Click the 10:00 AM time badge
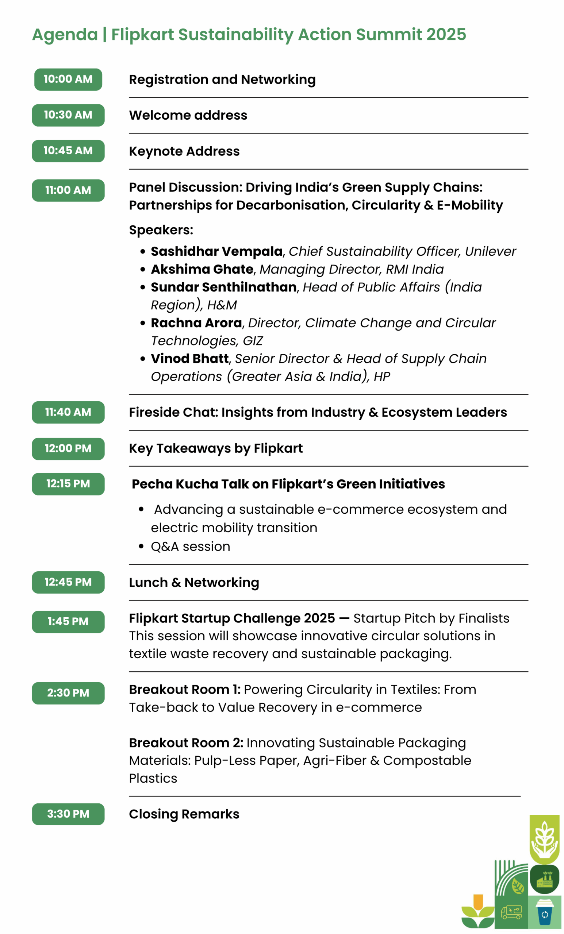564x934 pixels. click(x=68, y=79)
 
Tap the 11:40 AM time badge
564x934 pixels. click(x=68, y=412)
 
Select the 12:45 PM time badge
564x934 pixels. click(x=68, y=582)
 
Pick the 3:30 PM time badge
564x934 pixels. click(x=68, y=814)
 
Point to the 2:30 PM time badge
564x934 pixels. click(x=68, y=693)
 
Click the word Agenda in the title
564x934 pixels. click(x=65, y=35)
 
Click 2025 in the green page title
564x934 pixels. click(x=446, y=35)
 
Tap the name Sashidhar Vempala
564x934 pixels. click(x=216, y=251)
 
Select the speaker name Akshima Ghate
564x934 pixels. click(x=202, y=269)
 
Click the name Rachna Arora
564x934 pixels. click(x=196, y=323)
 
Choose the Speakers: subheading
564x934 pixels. click(x=161, y=230)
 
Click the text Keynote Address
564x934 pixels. click(x=184, y=151)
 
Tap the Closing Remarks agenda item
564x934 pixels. click(x=184, y=814)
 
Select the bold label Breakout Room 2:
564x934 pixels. click(x=186, y=742)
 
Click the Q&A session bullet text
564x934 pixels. click(x=191, y=546)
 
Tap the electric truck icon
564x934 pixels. click(x=511, y=912)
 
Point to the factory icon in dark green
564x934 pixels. click(x=544, y=879)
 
